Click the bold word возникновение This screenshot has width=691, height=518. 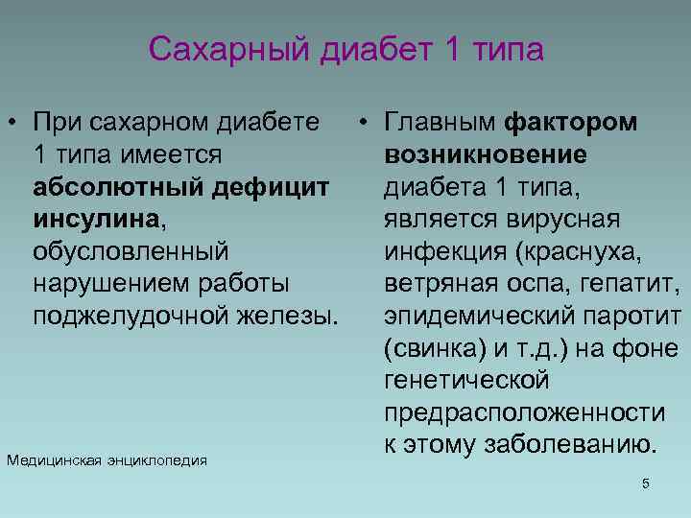pos(486,154)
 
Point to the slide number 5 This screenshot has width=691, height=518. pos(646,483)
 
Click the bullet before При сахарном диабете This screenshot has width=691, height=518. pos(15,122)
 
